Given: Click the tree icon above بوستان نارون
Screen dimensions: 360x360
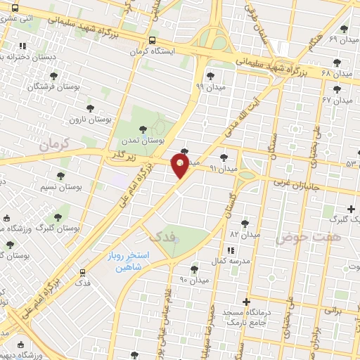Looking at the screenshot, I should point(89,108).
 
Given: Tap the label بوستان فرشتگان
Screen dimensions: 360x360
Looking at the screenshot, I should point(46,86).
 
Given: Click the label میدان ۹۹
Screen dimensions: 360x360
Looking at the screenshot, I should point(210,87).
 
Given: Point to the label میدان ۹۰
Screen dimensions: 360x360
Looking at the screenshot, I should point(195,280).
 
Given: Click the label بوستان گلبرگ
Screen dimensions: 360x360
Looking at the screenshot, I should point(57,229).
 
